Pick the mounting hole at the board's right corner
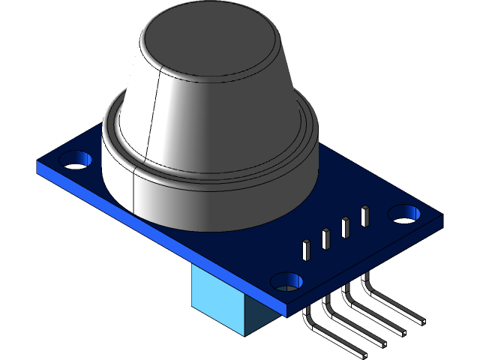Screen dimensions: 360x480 (405, 213)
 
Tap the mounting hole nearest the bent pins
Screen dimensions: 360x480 (286, 281)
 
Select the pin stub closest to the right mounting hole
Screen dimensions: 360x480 (364, 216)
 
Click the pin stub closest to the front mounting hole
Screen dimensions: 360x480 (306, 249)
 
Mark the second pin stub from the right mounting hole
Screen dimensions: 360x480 (346, 227)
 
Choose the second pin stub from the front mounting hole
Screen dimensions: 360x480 (326, 238)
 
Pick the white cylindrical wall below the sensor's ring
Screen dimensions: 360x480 (202, 202)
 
